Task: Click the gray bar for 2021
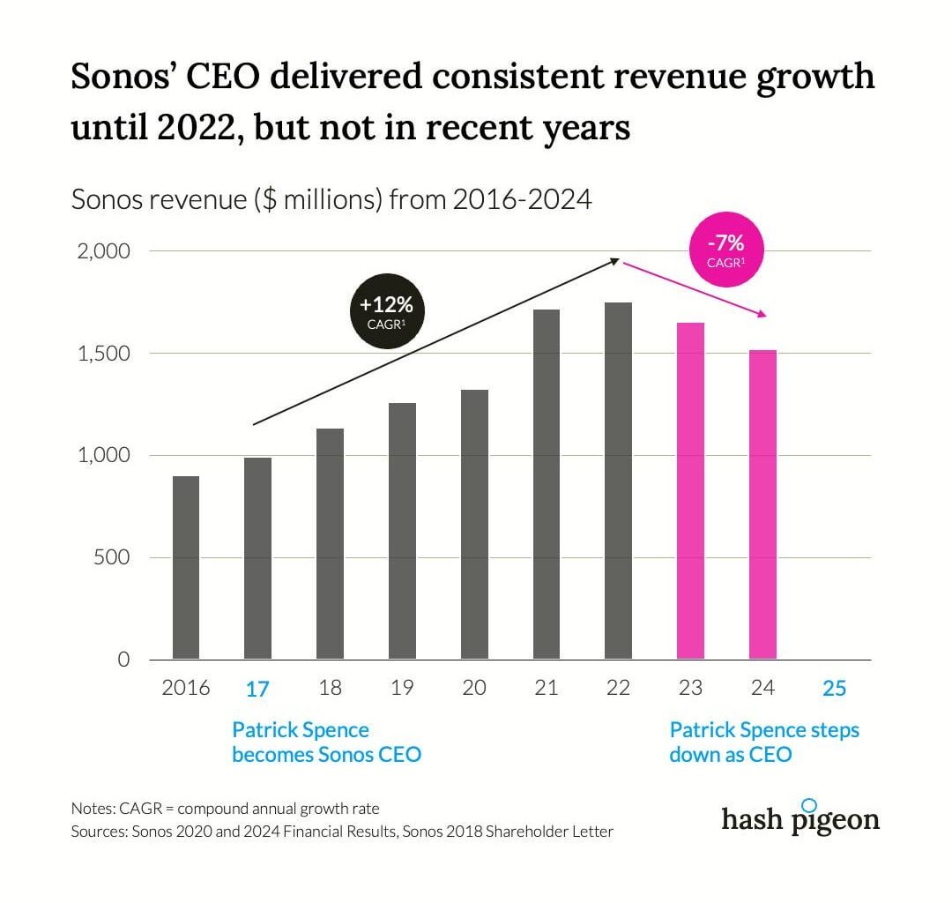pos(547,484)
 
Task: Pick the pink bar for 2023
pos(690,490)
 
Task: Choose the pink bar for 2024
pos(762,504)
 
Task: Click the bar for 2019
pos(402,531)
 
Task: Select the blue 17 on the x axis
pos(257,689)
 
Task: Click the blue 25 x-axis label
pos(834,689)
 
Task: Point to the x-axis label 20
pos(474,688)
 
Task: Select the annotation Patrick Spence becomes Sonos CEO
pos(326,743)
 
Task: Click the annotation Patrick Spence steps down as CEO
pos(763,743)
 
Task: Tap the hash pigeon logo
pos(800,817)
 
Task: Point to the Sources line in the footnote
pos(342,831)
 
